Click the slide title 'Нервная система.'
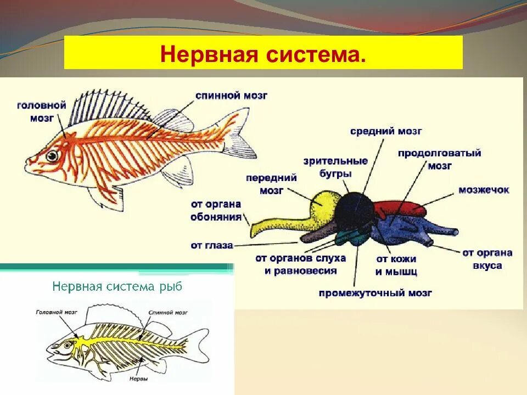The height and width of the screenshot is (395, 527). click(x=263, y=53)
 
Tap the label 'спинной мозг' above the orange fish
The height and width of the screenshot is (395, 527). click(x=231, y=95)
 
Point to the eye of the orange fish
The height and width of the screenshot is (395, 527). click(x=52, y=156)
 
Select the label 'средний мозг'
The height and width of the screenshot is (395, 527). click(x=386, y=131)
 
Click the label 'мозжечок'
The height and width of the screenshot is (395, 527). click(x=484, y=190)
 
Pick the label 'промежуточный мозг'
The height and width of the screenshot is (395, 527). click(x=375, y=293)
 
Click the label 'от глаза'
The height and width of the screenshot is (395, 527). click(x=212, y=245)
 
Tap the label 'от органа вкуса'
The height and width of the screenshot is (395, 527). click(x=487, y=259)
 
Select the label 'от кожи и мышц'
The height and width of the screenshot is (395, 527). click(x=396, y=264)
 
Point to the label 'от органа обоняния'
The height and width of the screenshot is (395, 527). click(x=216, y=210)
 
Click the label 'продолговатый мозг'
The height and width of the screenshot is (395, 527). click(x=439, y=159)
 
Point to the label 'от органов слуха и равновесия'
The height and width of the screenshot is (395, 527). click(x=300, y=264)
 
